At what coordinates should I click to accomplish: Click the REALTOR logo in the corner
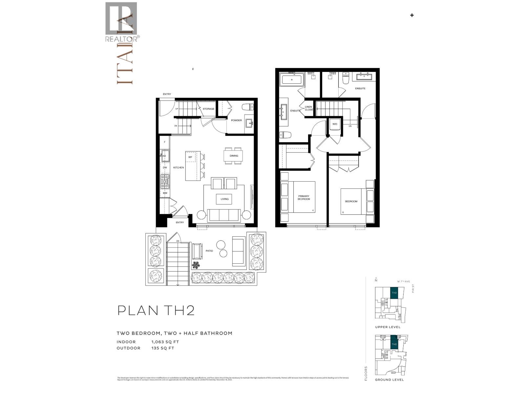pyautogui.click(x=121, y=22)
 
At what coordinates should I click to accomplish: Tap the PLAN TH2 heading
pyautogui.click(x=156, y=310)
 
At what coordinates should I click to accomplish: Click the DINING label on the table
pyautogui.click(x=234, y=156)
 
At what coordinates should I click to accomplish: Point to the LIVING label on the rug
pyautogui.click(x=224, y=199)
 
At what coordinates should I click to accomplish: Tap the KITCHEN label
pyautogui.click(x=178, y=168)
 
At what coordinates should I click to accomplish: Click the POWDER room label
pyautogui.click(x=236, y=120)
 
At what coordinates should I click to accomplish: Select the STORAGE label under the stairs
pyautogui.click(x=208, y=109)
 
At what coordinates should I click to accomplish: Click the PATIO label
pyautogui.click(x=209, y=251)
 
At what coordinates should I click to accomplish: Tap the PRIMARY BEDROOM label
pyautogui.click(x=304, y=198)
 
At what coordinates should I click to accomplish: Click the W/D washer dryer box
pyautogui.click(x=335, y=124)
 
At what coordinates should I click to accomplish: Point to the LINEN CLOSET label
pyautogui.click(x=308, y=108)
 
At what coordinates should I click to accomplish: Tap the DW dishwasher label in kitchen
pyautogui.click(x=165, y=168)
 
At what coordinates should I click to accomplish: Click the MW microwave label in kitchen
pyautogui.click(x=165, y=193)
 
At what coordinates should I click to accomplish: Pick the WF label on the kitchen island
pyautogui.click(x=190, y=157)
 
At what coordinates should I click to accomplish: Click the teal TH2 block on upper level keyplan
pyautogui.click(x=394, y=293)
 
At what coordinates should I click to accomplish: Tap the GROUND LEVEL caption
pyautogui.click(x=389, y=380)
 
